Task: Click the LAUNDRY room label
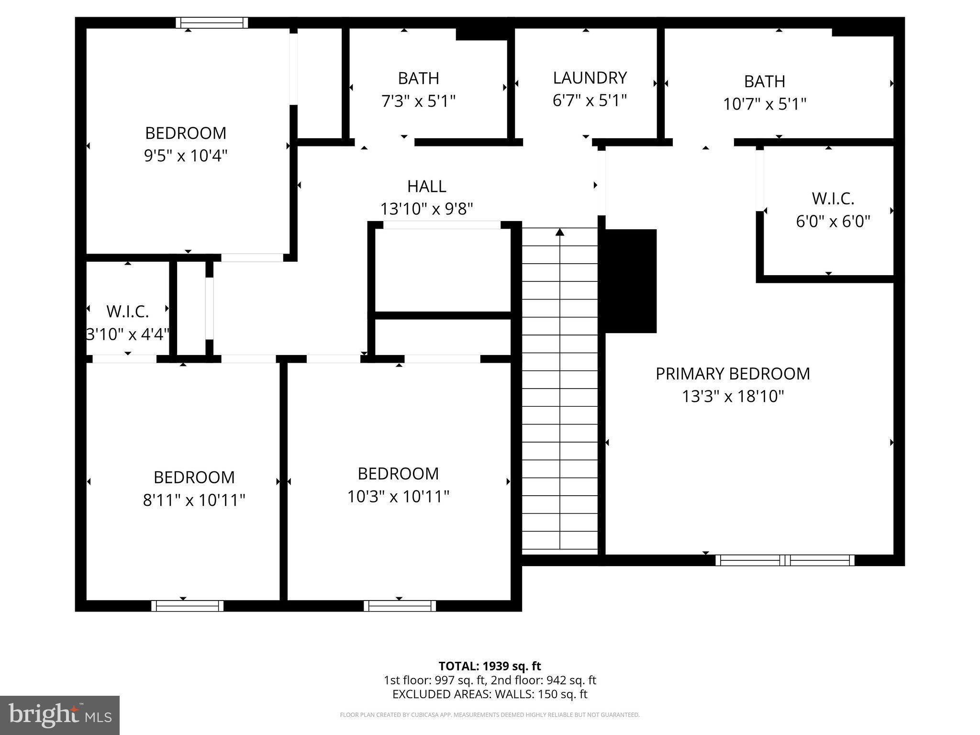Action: (590, 78)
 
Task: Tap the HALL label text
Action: (426, 186)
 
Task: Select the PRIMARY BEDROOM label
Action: (733, 374)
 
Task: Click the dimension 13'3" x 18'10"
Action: (733, 397)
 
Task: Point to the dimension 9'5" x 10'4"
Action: (186, 156)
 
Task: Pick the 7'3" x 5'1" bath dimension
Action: (418, 101)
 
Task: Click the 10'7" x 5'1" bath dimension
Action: (764, 104)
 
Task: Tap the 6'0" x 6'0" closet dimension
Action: (833, 222)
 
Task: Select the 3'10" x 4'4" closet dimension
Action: (128, 334)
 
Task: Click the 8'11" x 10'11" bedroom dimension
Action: (194, 501)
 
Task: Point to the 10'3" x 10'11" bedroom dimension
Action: (398, 497)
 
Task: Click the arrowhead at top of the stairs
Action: (559, 233)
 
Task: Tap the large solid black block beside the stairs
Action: (631, 281)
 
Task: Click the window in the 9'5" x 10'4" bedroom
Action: (212, 22)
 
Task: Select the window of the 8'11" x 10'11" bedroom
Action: (188, 606)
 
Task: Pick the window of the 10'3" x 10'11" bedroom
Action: (400, 606)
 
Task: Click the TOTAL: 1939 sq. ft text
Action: (490, 666)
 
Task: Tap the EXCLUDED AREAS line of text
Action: (490, 694)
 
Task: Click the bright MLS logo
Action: (60, 715)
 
